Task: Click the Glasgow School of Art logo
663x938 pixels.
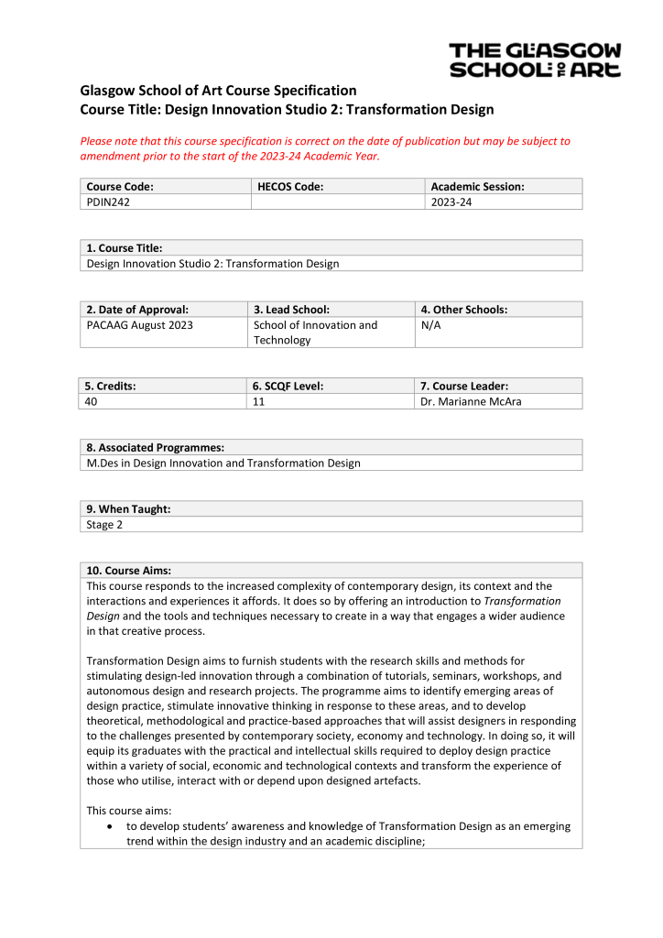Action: [x=535, y=60]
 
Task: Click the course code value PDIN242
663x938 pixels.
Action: [x=108, y=202]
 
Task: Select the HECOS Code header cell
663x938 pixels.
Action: [x=290, y=187]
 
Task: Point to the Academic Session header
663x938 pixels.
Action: [x=477, y=187]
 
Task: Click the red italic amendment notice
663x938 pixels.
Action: [x=325, y=148]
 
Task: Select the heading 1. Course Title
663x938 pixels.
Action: [x=125, y=248]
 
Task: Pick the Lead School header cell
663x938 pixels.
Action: [x=291, y=310]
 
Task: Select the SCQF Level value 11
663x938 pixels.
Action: [x=259, y=401]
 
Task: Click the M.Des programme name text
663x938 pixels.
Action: [x=223, y=464]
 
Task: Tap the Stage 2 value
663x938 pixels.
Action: [x=103, y=525]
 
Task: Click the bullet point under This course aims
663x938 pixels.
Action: [x=111, y=826]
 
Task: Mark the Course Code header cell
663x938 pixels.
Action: [x=120, y=187]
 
